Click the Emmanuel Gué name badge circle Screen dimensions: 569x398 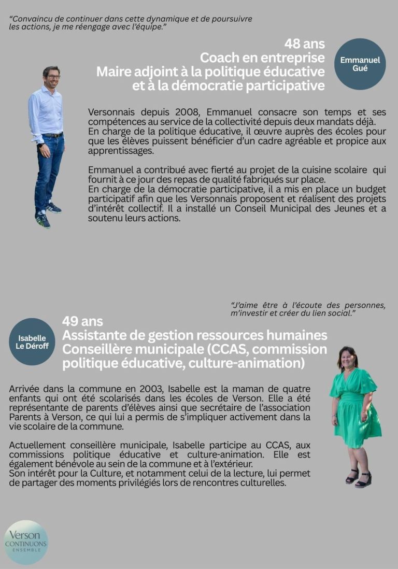click(x=360, y=64)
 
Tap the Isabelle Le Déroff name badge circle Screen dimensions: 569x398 click(x=32, y=342)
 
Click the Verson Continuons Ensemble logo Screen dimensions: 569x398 click(x=26, y=542)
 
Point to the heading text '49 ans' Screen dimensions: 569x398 click(x=82, y=321)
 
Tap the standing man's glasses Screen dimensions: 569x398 click(x=52, y=77)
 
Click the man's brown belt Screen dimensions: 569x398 click(x=52, y=135)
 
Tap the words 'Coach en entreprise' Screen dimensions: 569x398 click(x=263, y=58)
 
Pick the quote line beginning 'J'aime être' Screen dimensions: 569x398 click(x=308, y=305)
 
